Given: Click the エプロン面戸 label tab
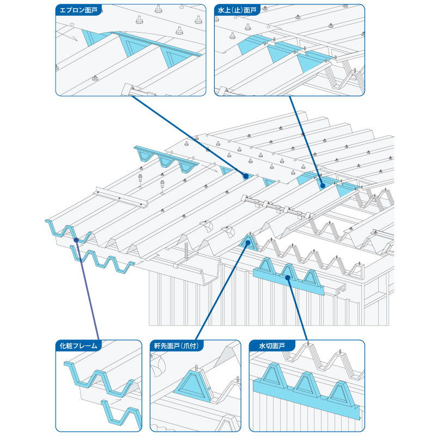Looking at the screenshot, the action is pyautogui.click(x=78, y=10).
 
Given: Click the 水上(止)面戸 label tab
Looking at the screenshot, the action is pyautogui.click(x=237, y=10).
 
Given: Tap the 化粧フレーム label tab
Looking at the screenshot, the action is pyautogui.click(x=78, y=346).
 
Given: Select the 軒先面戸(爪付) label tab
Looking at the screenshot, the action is pyautogui.click(x=177, y=346).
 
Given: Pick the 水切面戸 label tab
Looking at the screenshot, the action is pyautogui.click(x=272, y=346).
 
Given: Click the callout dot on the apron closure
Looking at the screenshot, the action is pyautogui.click(x=246, y=176).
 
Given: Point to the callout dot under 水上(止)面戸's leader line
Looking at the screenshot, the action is pyautogui.click(x=323, y=185).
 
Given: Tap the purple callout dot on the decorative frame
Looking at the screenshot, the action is pyautogui.click(x=76, y=240).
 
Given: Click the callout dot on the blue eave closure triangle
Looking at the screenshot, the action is pyautogui.click(x=248, y=243).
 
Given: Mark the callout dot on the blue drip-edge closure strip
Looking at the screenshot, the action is pyautogui.click(x=288, y=277).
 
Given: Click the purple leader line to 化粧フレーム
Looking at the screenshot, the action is pyautogui.click(x=88, y=290).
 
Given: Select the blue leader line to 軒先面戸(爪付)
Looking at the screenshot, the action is pyautogui.click(x=222, y=292).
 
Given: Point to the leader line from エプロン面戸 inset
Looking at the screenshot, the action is pyautogui.click(x=188, y=136).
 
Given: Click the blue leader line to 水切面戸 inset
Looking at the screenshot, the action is pyautogui.click(x=298, y=308).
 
